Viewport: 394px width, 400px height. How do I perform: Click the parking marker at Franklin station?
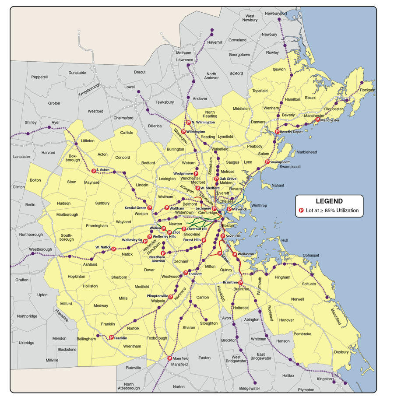tap(111, 337)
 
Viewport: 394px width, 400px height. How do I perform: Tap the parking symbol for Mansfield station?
tap(169, 358)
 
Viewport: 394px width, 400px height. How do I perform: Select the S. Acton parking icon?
tap(93, 171)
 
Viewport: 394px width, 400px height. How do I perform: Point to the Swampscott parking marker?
tap(267, 162)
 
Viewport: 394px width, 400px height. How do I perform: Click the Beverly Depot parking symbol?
tap(277, 131)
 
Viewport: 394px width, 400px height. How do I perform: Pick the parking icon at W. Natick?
tap(113, 249)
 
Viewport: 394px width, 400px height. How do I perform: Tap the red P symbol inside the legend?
tap(301, 211)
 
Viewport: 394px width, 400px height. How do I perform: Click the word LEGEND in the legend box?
tap(329, 201)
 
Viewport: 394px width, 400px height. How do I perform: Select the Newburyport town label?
tap(276, 14)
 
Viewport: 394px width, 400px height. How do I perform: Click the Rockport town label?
tap(368, 90)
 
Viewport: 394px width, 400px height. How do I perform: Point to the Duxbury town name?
tap(341, 351)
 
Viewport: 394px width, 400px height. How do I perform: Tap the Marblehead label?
tap(306, 152)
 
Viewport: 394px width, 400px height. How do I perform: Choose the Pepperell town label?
tap(39, 77)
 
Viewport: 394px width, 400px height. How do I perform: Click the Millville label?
tap(52, 360)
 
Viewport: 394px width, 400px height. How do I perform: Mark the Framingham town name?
tap(97, 225)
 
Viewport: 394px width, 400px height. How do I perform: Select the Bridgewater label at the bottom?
tap(250, 388)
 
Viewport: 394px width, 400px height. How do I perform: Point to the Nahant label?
tap(278, 185)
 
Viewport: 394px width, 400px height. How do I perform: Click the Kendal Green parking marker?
tap(149, 207)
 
